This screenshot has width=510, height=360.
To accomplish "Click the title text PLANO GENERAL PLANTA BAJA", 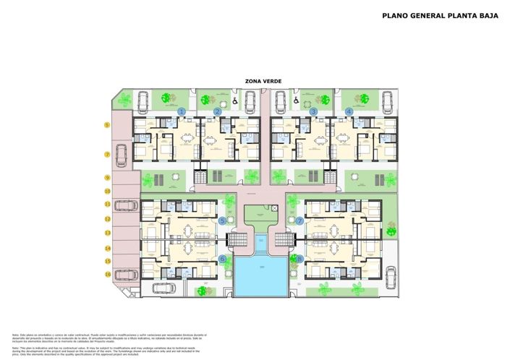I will pos(440,15).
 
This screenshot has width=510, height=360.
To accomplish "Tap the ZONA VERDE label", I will pos(258,81).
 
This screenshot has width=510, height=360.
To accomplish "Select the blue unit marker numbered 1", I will pos(182,111).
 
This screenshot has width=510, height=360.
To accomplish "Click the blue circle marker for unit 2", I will pos(217,111).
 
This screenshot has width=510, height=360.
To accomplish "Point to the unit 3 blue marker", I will pos(313,111).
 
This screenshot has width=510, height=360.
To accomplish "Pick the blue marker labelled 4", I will pos(349,111).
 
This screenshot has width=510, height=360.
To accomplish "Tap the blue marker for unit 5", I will pos(222,220).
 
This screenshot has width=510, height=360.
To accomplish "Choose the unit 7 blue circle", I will pos(299,220).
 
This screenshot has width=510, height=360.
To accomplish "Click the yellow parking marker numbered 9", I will pos(107,177).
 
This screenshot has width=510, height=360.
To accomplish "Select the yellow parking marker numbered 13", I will pos(107,233).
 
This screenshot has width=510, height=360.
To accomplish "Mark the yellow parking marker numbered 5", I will pos(107,125).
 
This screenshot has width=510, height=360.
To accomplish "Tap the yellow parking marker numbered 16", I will pos(107,274).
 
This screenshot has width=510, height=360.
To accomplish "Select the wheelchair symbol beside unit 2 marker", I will pos(235,103).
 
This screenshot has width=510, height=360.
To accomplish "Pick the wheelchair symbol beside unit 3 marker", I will pos(295,103).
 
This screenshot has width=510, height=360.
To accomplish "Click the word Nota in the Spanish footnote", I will pos(15,335).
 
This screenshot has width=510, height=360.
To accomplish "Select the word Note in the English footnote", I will pos(15,348).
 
